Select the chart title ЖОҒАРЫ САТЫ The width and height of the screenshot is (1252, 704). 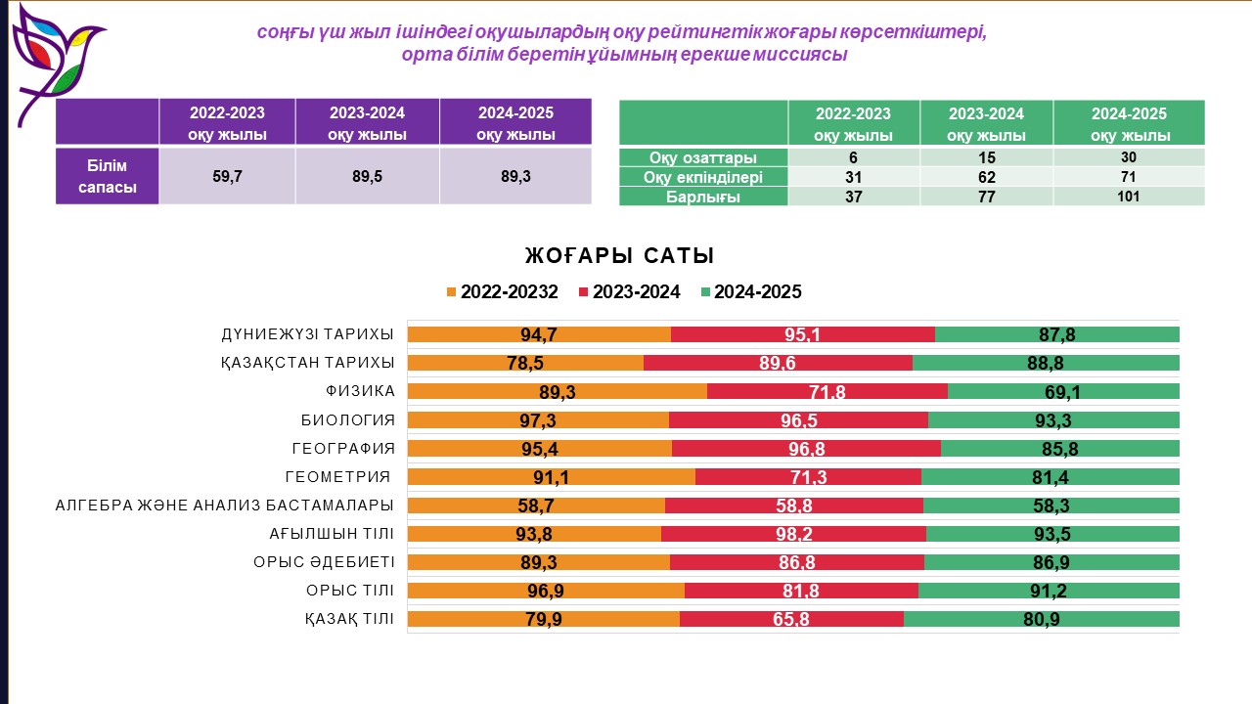pos(619,256)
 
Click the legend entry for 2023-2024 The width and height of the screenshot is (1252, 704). pos(630,291)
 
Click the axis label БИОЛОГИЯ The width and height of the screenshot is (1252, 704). pos(347,420)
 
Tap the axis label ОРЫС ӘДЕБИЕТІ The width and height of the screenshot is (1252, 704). pos(332,562)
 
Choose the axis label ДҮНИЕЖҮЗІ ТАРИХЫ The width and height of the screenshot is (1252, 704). pos(307,334)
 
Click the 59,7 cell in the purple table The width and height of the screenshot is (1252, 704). pos(227,176)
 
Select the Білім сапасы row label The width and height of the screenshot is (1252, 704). pos(108,176)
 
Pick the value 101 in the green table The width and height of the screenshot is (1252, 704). pos(1129,197)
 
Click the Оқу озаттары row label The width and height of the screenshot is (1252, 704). pos(703,157)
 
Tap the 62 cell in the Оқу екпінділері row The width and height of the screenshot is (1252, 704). pos(986,177)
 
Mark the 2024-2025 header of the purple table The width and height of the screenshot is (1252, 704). pos(515,123)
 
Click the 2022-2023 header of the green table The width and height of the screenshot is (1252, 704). pos(853,123)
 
